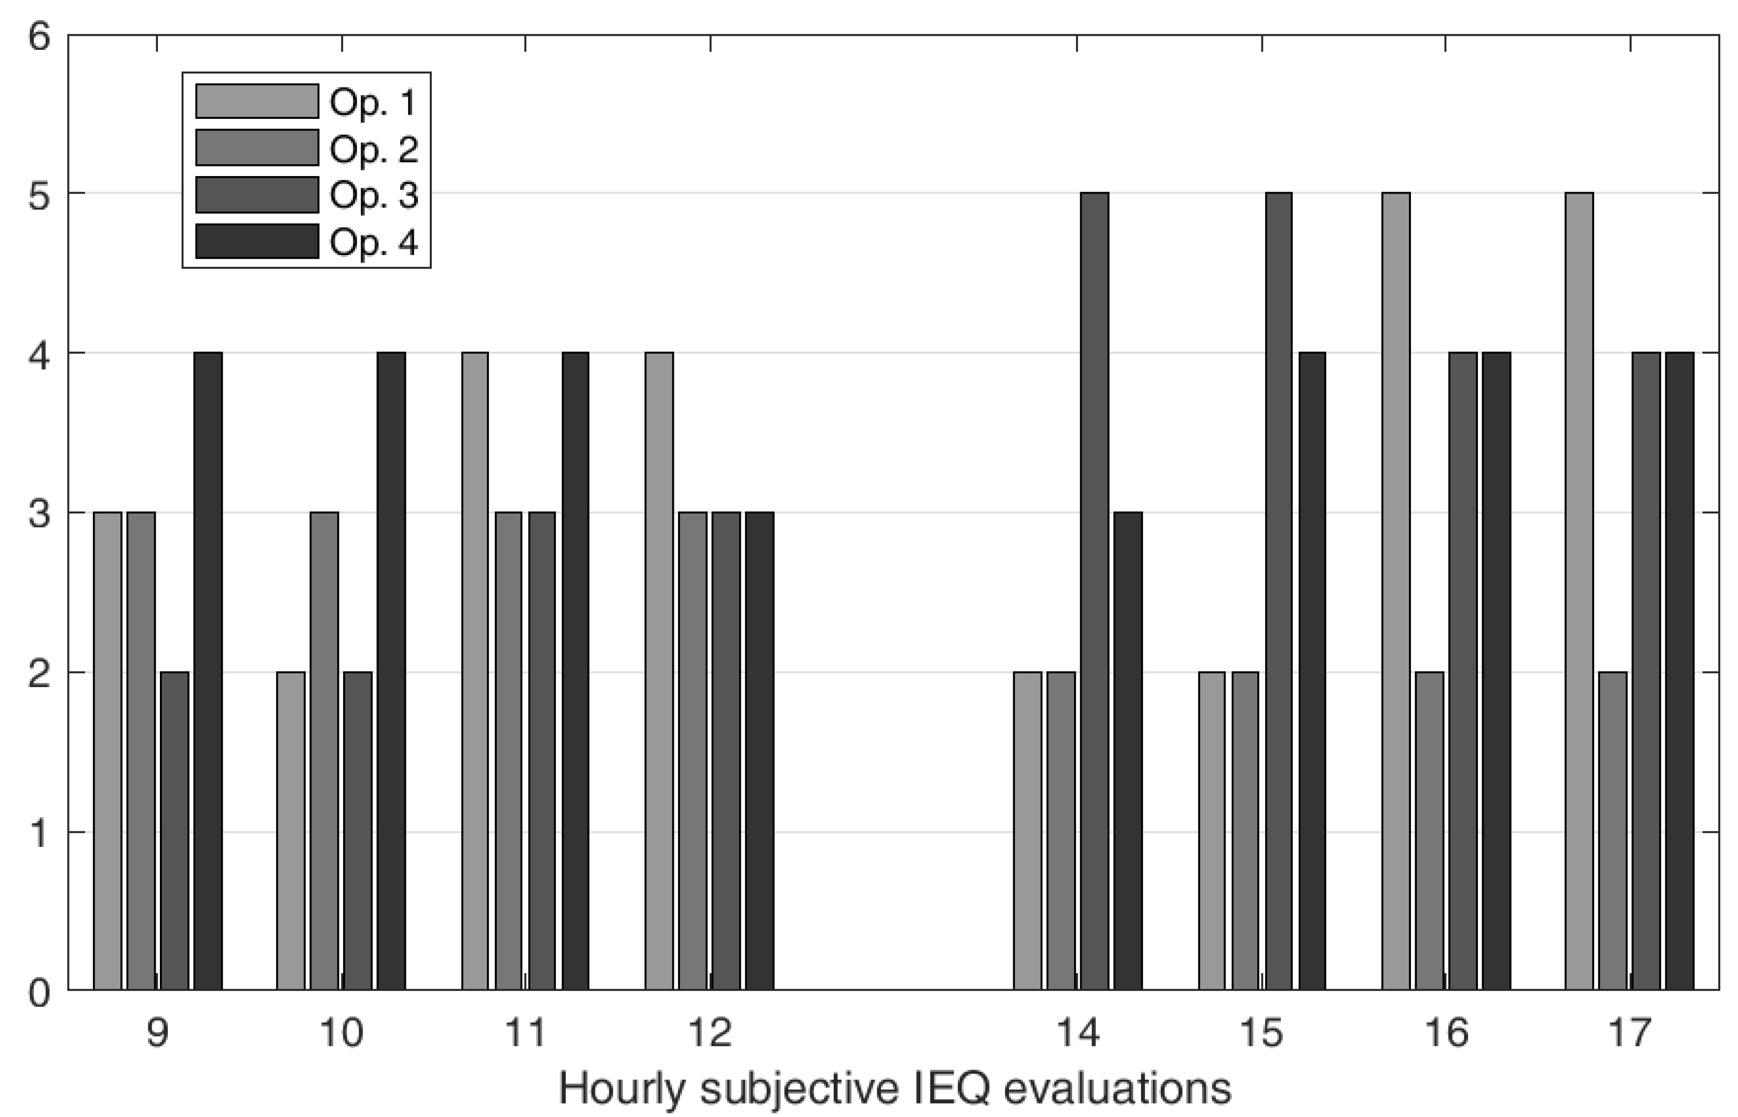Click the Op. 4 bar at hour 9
point(208,671)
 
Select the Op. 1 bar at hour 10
point(291,830)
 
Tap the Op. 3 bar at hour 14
point(1094,591)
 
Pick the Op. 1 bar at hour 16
point(1396,591)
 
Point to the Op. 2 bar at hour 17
point(1612,830)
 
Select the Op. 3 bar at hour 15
point(1278,591)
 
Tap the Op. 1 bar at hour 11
point(475,671)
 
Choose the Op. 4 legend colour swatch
point(256,241)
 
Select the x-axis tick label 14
point(1078,1032)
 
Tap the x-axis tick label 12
point(711,1032)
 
